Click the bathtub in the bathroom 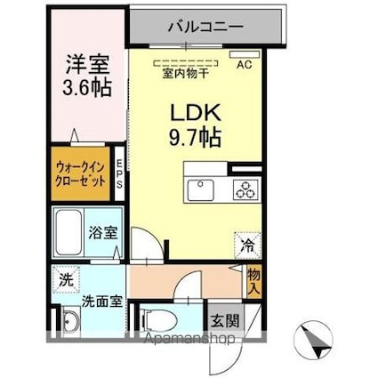[68, 233]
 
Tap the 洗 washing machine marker [64, 278]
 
